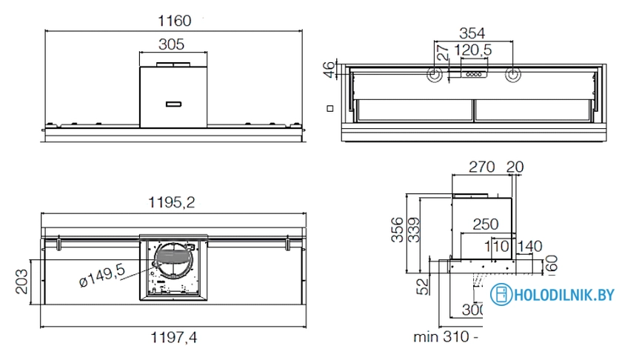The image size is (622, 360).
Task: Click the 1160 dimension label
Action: pyautogui.click(x=174, y=21)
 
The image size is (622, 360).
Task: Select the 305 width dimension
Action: pyautogui.click(x=172, y=44)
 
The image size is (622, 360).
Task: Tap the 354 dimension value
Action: pyautogui.click(x=472, y=33)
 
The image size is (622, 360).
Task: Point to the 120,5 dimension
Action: pyautogui.click(x=473, y=50)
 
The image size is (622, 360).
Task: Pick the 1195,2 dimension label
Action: pyautogui.click(x=174, y=202)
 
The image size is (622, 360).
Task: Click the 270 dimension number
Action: pyautogui.click(x=482, y=167)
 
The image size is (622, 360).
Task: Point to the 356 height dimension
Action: pyautogui.click(x=398, y=230)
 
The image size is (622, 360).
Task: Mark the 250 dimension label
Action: pyautogui.click(x=486, y=224)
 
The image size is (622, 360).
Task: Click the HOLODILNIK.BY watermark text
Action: pyautogui.click(x=564, y=295)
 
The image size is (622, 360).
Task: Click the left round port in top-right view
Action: pyautogui.click(x=435, y=75)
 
